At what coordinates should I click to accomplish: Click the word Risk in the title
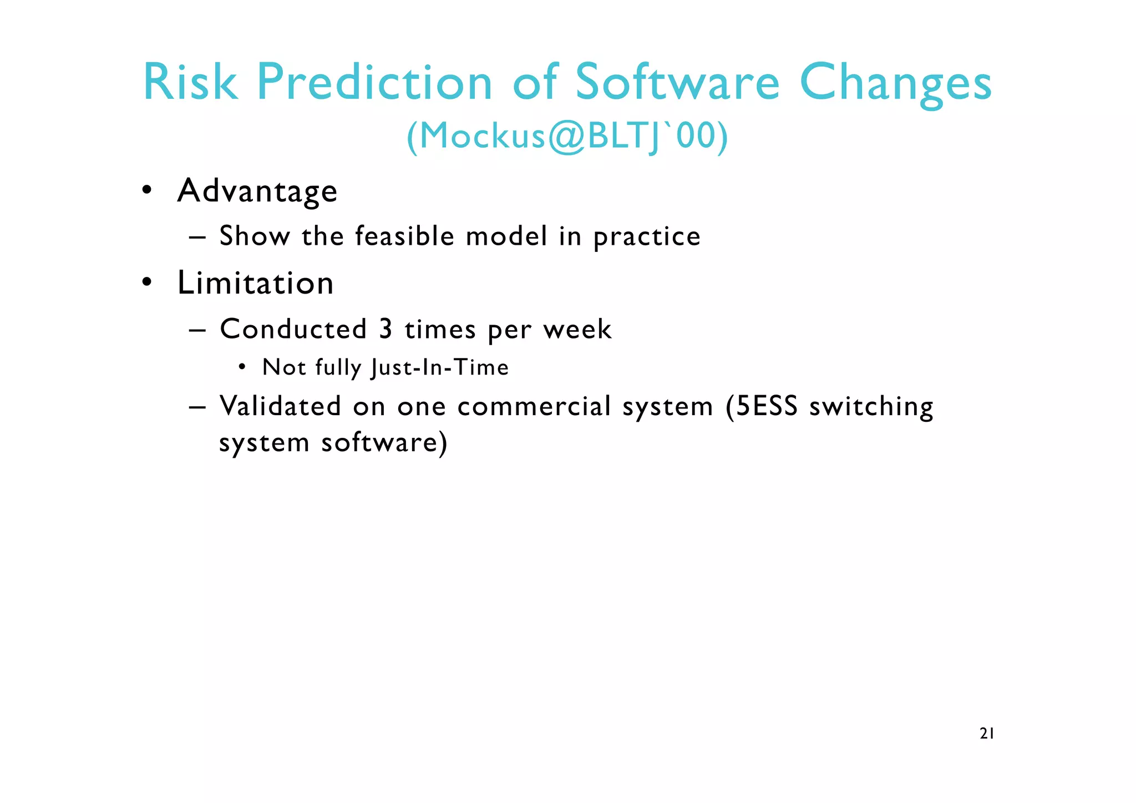coord(190,82)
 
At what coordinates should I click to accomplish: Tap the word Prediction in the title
coord(374,82)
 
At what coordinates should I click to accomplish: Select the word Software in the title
coord(677,82)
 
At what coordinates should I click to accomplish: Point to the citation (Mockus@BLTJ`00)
coord(567,136)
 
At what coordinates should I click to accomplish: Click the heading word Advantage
coord(257,191)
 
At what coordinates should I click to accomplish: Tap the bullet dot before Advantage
coord(146,190)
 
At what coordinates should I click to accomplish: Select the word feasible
coord(405,236)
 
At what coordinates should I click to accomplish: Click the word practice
coord(647,237)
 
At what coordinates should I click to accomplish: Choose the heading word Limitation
coord(255,283)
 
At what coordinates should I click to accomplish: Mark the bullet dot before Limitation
coord(146,282)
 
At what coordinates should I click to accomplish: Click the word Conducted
coord(293,329)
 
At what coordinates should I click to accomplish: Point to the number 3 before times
coord(386,329)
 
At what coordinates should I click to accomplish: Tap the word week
coord(577,330)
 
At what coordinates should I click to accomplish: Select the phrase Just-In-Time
coord(440,367)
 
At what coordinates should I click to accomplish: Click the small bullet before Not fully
coord(242,367)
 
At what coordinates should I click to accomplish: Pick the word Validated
coord(280,406)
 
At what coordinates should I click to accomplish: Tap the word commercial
coord(534,406)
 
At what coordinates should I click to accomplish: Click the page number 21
coord(987,734)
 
